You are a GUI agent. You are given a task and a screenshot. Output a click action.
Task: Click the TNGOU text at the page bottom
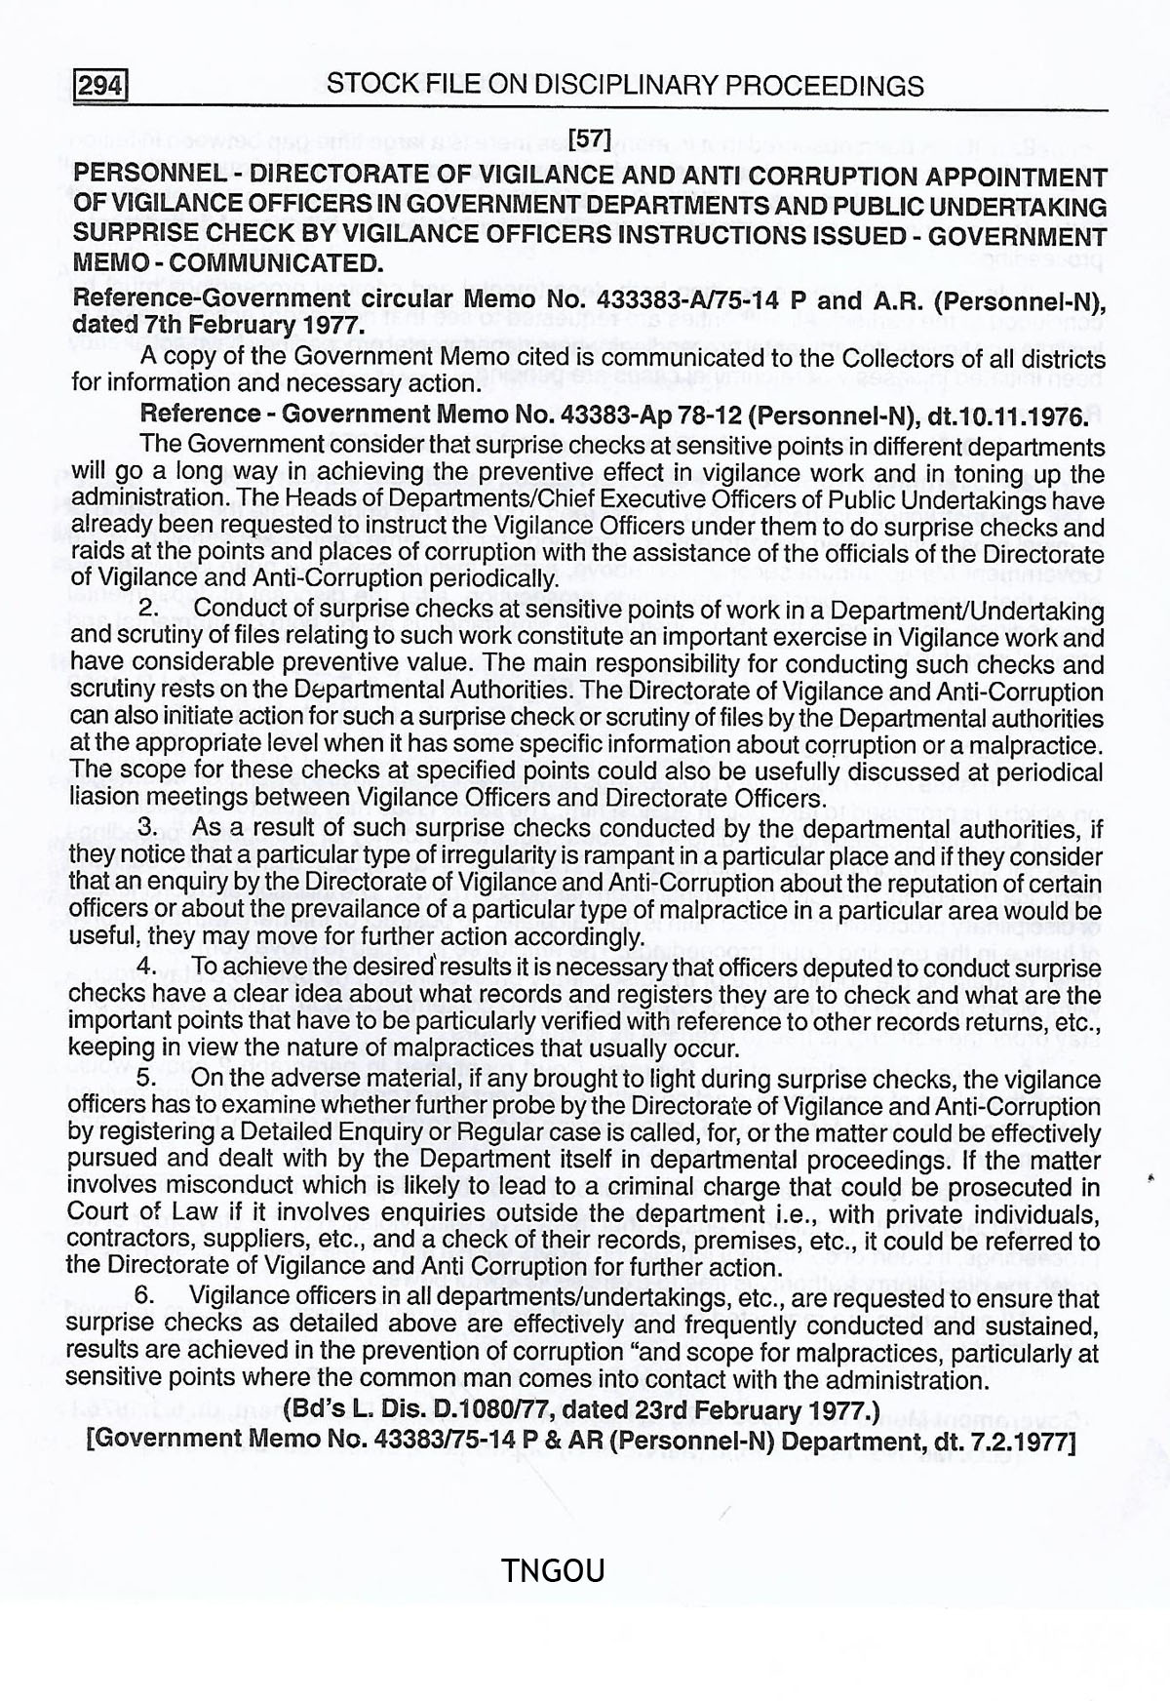point(553,1570)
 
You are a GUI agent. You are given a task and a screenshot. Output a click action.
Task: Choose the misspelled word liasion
point(103,797)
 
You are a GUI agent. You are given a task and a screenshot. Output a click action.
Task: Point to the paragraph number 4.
point(148,968)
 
